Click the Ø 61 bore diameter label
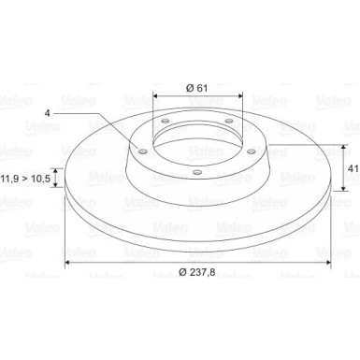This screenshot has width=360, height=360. (196, 88)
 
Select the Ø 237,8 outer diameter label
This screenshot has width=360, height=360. (197, 272)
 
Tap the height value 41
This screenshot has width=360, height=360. (353, 168)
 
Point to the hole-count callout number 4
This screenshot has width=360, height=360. (47, 113)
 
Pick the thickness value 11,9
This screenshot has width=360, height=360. (10, 179)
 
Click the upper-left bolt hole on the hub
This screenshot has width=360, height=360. (166, 121)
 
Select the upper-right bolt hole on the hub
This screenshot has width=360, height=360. (229, 121)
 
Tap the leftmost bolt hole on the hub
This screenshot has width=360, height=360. (143, 151)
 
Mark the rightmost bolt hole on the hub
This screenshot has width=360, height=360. (252, 151)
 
